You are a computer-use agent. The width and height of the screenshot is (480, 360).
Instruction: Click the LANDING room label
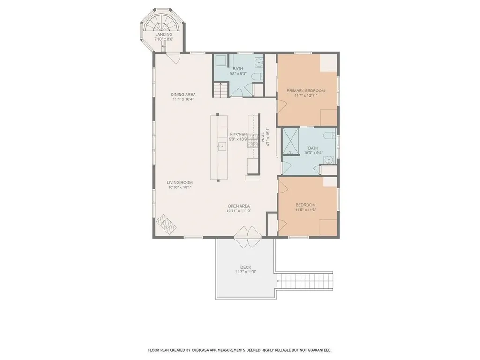[x=164, y=34]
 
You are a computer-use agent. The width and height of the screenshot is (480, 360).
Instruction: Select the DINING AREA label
[x=182, y=94]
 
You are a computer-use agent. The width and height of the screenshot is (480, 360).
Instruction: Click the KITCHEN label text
[x=238, y=134]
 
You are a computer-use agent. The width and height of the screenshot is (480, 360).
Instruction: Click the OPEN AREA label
[x=239, y=206]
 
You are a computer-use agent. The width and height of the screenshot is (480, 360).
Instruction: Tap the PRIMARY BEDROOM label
[x=306, y=90]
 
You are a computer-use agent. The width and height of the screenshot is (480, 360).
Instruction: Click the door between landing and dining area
[x=174, y=58]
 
